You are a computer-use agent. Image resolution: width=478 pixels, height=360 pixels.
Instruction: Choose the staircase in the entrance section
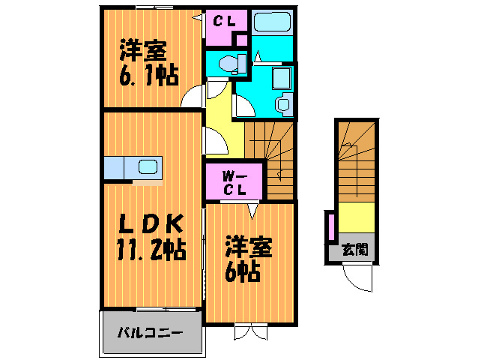pos(354,162)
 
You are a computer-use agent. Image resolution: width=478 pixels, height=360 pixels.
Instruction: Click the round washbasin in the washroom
pos(283,104)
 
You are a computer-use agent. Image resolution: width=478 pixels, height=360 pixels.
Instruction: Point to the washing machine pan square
pos(282,78)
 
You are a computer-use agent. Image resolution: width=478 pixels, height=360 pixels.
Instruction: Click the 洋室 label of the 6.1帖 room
pos(142,52)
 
